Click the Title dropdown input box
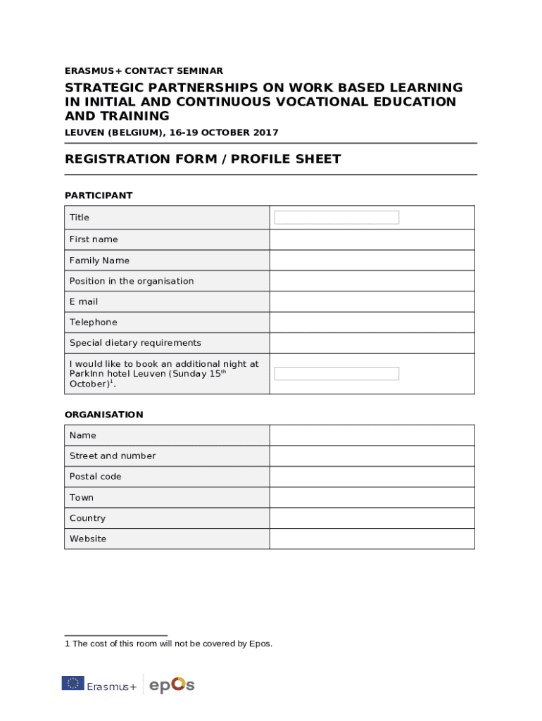tap(336, 218)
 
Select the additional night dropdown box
tap(336, 374)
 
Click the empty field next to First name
tap(372, 239)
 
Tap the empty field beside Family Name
tap(372, 261)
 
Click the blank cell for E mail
tap(372, 301)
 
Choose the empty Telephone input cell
tap(372, 322)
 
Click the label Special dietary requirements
tap(135, 343)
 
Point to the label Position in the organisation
tap(132, 281)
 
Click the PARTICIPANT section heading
tap(99, 196)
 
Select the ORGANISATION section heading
tap(104, 415)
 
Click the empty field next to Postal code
tap(372, 477)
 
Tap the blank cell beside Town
tap(372, 498)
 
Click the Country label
tap(87, 518)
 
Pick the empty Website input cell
tap(372, 539)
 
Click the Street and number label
tap(113, 456)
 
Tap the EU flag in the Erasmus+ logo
tap(73, 683)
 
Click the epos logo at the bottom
tap(172, 684)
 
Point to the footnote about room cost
tap(169, 644)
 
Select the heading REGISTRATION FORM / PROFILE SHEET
tap(203, 159)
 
